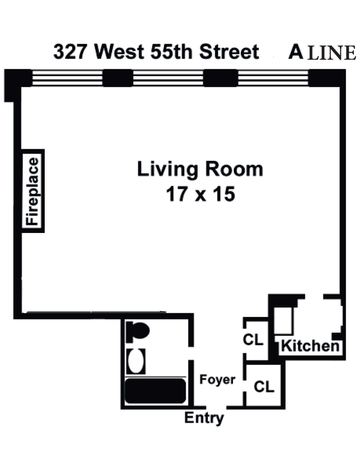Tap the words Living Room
[200, 169]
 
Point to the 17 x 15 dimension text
[200, 193]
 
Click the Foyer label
[217, 380]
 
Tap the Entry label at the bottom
[204, 418]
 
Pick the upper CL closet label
[253, 340]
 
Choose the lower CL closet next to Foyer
[264, 386]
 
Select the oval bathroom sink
[136, 361]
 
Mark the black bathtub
[155, 391]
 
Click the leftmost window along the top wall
[67, 78]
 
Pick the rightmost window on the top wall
[273, 78]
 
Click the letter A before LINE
[295, 52]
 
